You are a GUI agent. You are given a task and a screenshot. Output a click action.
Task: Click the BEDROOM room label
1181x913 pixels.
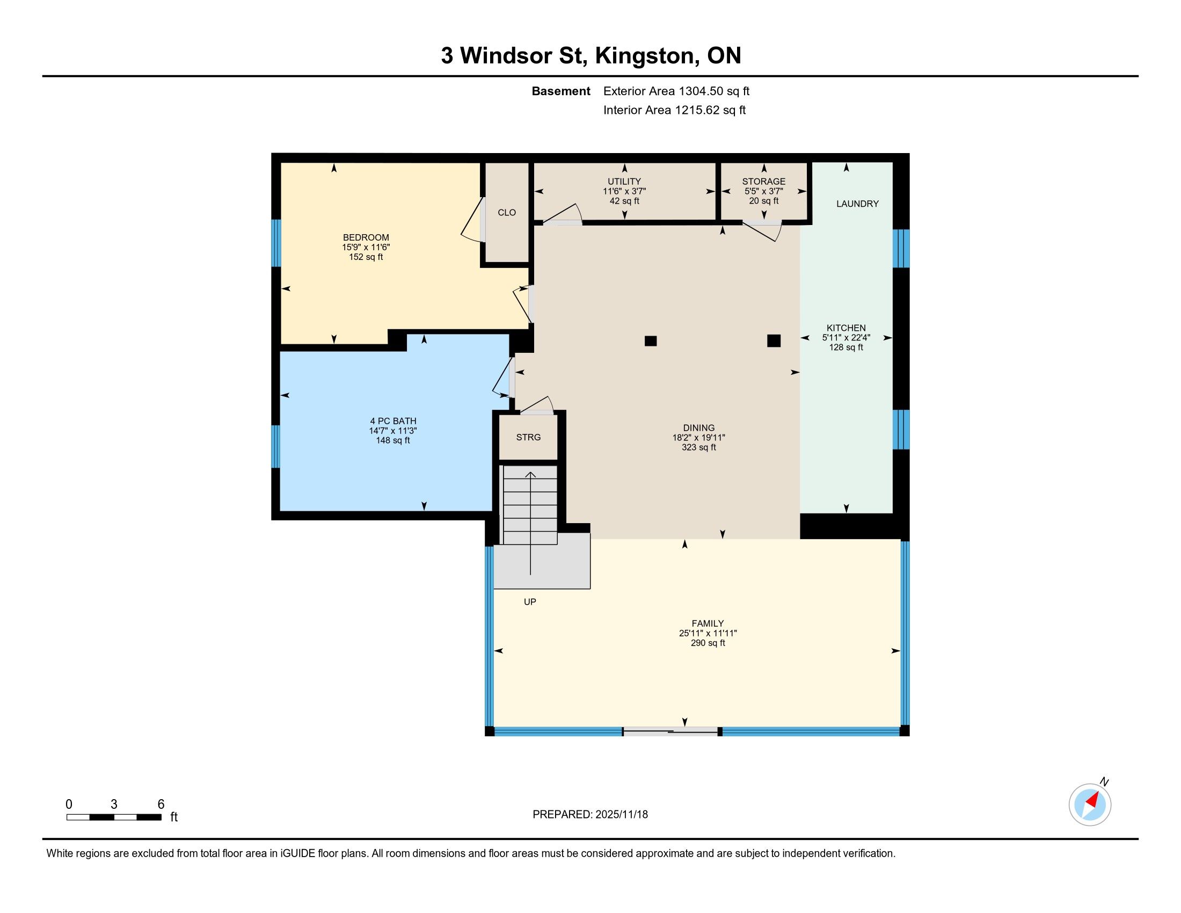366,237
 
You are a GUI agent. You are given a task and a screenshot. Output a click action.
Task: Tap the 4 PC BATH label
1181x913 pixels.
393,421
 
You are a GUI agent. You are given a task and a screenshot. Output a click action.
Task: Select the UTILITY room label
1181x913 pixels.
624,181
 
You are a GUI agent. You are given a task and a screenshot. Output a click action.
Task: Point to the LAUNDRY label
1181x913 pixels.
858,204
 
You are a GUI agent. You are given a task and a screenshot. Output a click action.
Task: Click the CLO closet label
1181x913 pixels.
507,213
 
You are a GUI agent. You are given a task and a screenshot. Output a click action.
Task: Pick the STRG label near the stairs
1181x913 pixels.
528,437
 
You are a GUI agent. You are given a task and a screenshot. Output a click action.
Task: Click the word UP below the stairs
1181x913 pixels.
530,602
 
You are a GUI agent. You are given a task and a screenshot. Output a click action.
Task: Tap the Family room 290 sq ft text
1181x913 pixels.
708,643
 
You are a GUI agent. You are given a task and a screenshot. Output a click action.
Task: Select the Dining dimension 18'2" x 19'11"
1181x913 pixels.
698,438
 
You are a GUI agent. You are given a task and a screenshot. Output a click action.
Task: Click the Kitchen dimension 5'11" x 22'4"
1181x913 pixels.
846,337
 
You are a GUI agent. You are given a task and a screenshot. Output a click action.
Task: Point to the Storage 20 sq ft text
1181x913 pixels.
763,201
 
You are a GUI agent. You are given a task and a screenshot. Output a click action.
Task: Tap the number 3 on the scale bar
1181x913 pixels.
114,805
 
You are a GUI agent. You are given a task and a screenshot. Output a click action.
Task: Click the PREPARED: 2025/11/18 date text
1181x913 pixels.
590,815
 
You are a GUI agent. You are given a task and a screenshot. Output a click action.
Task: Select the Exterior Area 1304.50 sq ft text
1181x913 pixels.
676,91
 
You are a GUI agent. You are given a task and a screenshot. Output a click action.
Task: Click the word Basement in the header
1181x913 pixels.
561,91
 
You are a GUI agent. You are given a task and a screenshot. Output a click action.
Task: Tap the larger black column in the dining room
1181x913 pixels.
774,340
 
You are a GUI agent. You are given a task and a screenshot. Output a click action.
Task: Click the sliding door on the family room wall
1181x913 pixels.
670,731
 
